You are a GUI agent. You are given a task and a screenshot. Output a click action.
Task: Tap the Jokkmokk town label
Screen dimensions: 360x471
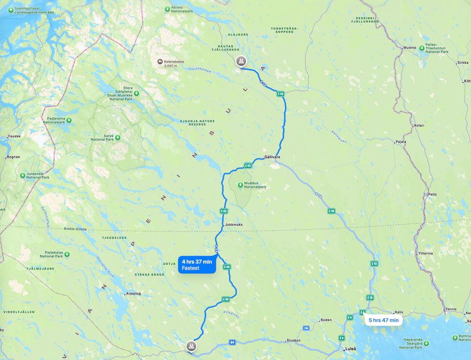tap(234, 224)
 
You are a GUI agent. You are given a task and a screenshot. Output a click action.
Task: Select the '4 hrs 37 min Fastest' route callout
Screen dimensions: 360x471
tap(197, 265)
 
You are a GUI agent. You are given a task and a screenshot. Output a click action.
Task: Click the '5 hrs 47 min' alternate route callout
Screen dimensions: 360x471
tap(383, 320)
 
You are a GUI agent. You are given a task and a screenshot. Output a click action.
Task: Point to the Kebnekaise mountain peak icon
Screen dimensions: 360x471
tap(160, 61)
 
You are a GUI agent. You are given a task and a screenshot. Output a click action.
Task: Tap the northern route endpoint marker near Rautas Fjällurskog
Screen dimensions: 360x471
tap(240, 61)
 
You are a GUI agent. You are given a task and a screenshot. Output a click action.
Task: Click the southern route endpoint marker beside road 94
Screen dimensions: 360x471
tap(191, 347)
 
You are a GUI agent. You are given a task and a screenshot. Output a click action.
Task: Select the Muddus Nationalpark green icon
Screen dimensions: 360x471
tap(240, 185)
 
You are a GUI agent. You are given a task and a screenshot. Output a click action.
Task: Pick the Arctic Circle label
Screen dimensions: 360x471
tap(75, 229)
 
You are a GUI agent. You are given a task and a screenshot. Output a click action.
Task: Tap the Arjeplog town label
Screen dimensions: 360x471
tap(133, 293)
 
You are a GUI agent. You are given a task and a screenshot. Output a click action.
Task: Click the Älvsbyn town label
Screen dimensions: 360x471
tap(295, 340)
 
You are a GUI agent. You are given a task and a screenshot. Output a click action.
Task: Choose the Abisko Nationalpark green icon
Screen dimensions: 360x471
tap(167, 9)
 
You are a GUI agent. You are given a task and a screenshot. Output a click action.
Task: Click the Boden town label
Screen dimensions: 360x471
tap(326, 320)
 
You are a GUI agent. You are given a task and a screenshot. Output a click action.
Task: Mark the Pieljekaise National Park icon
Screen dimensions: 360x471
tap(67, 254)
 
